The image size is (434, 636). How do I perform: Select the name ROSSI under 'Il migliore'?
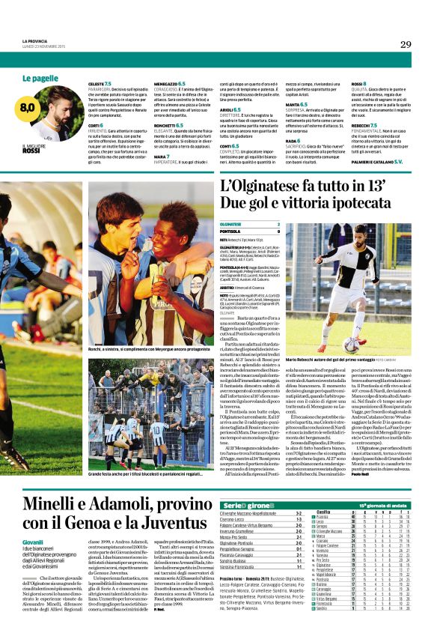click(31, 151)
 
